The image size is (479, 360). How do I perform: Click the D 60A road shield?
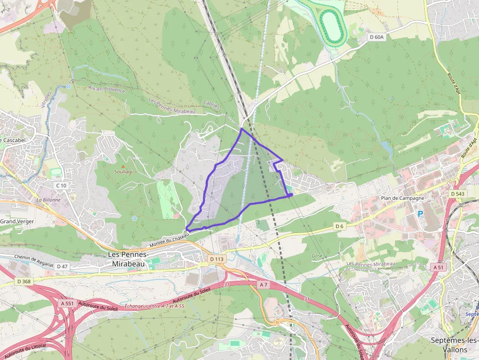click(x=377, y=37)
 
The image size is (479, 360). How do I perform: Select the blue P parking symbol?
click(x=419, y=214)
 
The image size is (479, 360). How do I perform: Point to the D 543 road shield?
click(x=458, y=194)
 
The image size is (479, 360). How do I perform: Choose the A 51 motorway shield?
click(x=438, y=267)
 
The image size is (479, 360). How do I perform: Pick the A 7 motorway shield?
click(x=264, y=284)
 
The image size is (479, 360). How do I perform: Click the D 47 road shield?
click(x=62, y=266)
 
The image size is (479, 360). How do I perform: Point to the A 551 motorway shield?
click(x=67, y=303)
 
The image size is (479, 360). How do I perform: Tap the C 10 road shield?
click(x=61, y=185)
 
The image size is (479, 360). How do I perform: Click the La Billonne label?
click(x=48, y=200)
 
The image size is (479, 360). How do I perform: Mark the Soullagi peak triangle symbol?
click(x=116, y=167)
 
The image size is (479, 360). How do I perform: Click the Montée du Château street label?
click(x=169, y=240)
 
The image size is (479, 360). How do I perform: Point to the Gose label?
click(x=317, y=255)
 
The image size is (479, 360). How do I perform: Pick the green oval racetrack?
click(x=332, y=24)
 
